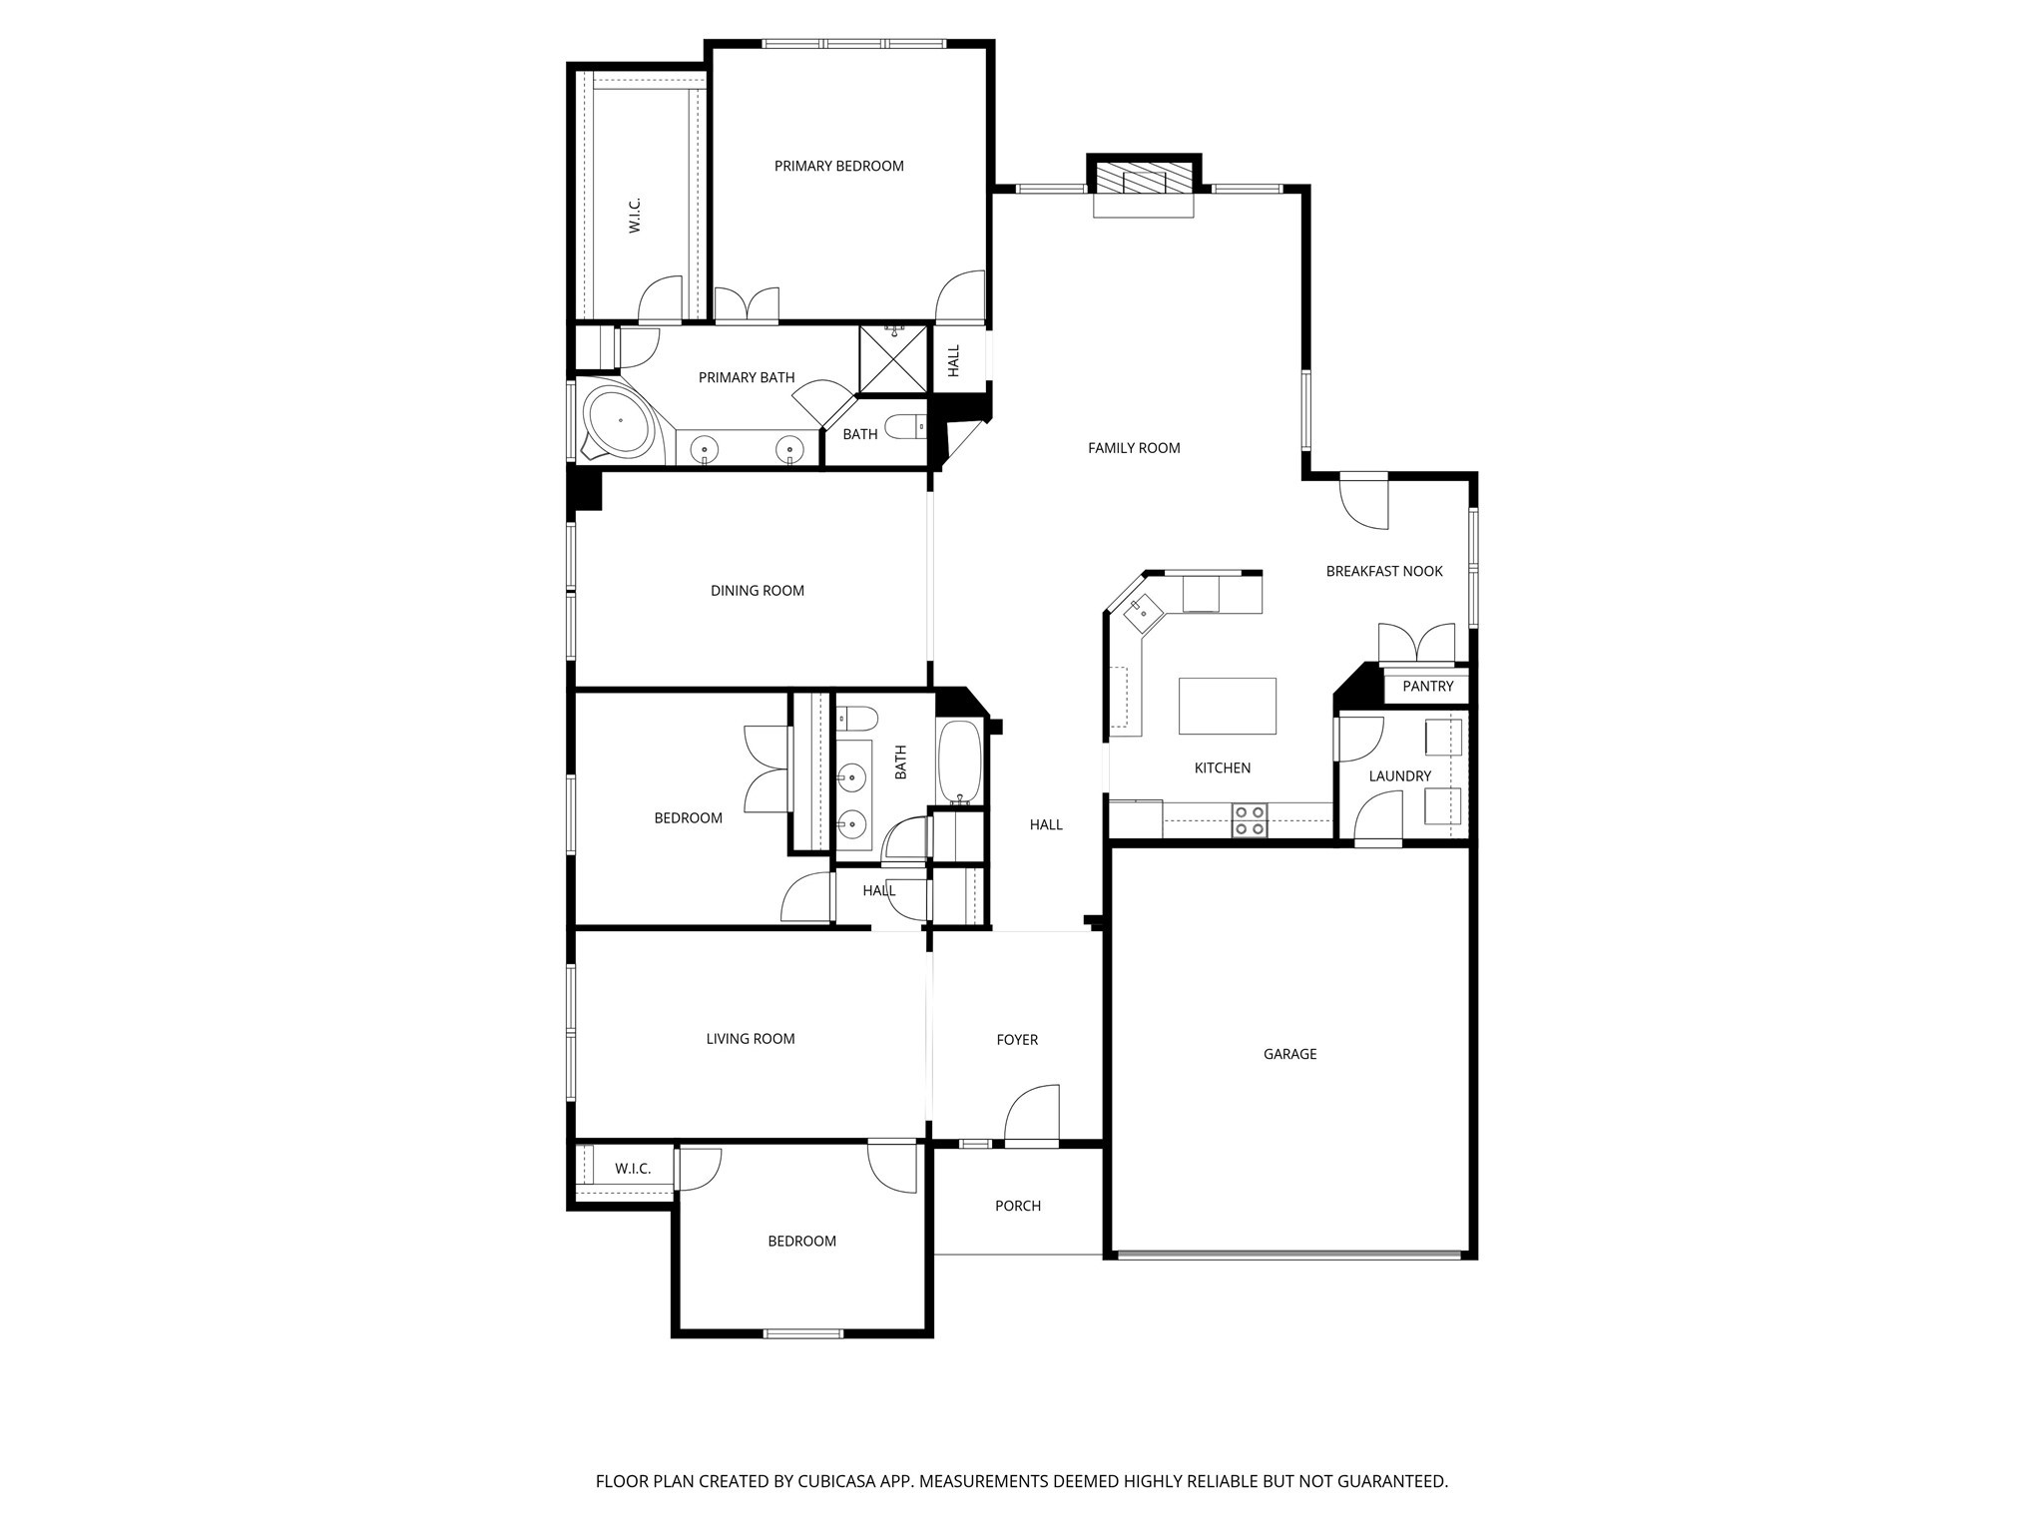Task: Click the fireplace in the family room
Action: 1144,182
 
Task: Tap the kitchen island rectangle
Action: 1227,706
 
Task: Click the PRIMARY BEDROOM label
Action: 838,167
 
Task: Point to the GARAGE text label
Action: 1289,1054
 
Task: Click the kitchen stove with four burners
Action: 1249,820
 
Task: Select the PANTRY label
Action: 1427,687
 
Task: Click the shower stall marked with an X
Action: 893,358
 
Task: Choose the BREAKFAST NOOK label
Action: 1383,572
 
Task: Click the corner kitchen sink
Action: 1142,611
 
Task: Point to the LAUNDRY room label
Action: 1399,776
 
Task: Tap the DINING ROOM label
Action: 757,591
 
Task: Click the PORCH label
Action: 1017,1207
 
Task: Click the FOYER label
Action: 1016,1040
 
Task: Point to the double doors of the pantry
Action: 1415,644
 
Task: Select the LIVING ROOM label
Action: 750,1039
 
